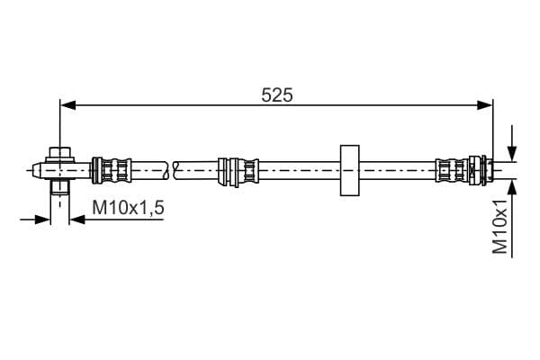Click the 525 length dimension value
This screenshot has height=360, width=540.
(277, 95)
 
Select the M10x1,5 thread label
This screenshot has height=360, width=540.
(128, 208)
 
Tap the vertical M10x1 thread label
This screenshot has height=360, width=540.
(500, 226)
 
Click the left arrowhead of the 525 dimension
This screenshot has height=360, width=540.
(67, 105)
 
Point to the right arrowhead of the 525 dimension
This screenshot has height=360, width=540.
(485, 105)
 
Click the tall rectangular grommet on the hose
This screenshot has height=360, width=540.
(349, 170)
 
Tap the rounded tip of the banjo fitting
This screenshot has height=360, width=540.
(37, 170)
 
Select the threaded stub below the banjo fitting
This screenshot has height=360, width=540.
(60, 186)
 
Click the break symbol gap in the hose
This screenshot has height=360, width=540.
(170, 170)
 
